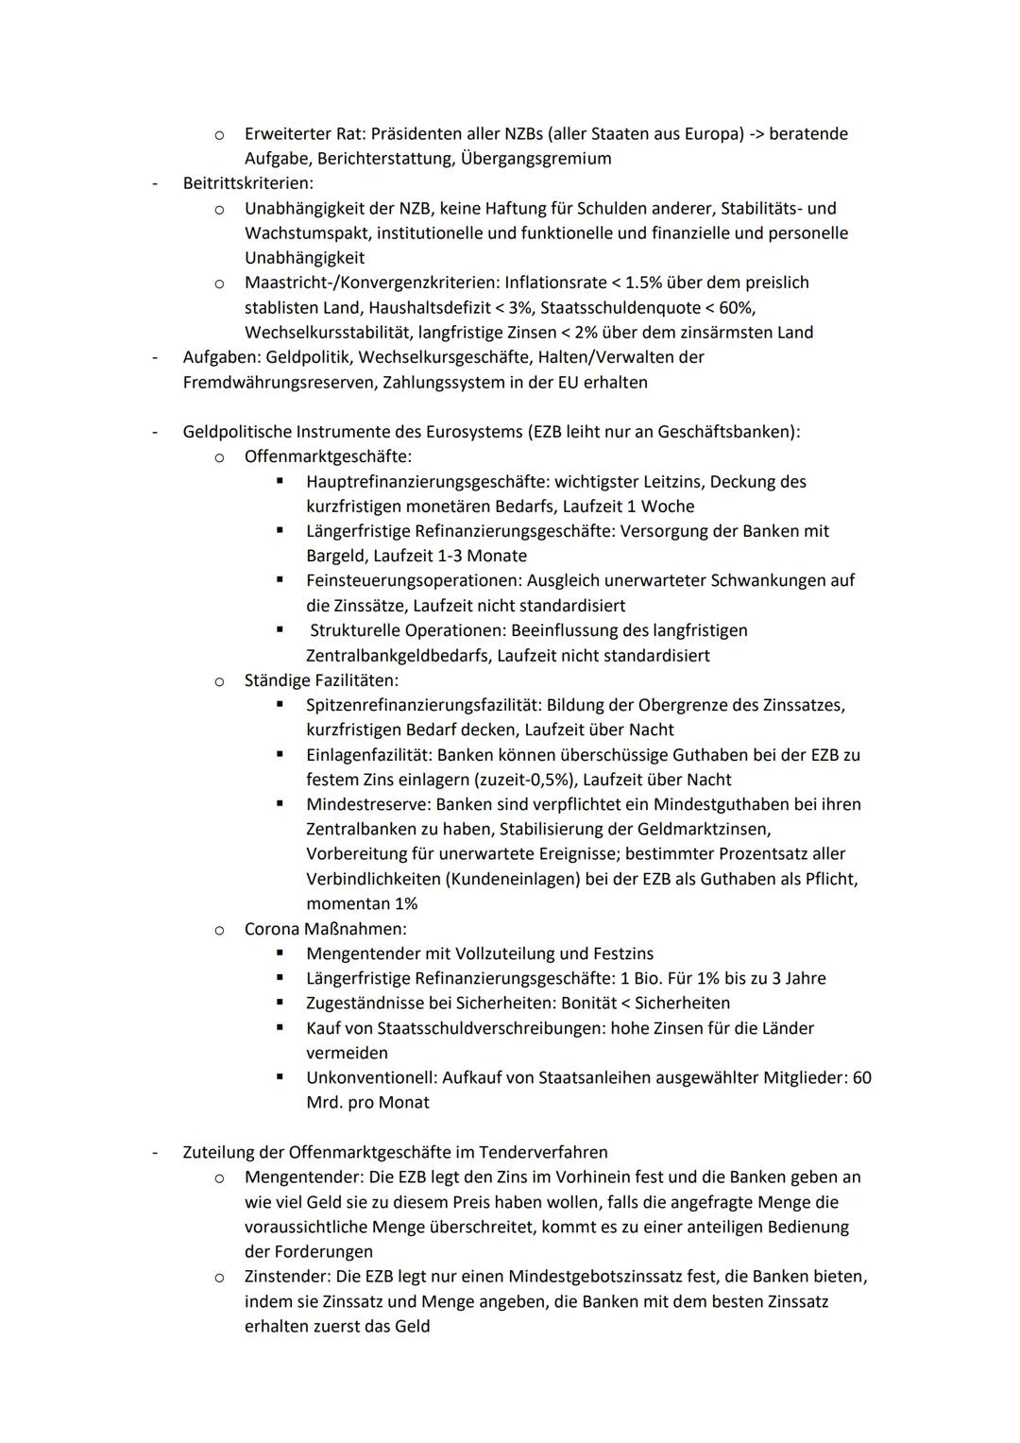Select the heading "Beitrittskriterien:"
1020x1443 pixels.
[248, 183]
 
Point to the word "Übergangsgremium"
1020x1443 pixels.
[535, 159]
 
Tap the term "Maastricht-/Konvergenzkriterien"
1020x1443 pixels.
[370, 283]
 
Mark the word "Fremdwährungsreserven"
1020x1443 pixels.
[276, 383]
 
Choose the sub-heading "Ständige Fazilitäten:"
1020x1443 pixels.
[321, 680]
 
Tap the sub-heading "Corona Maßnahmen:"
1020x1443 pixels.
[325, 929]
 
